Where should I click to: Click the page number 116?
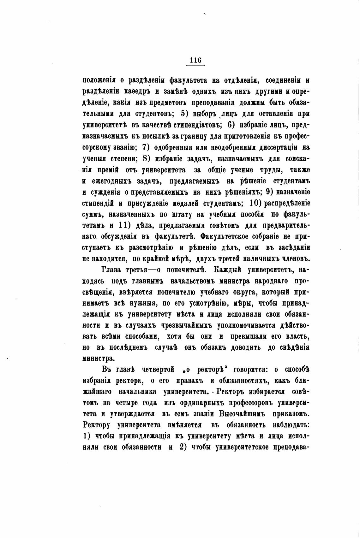pos(195,60)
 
